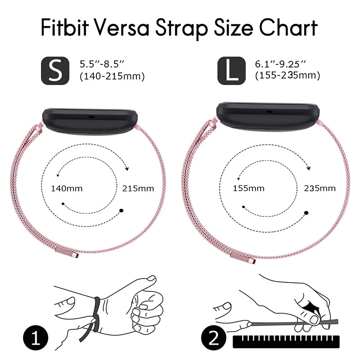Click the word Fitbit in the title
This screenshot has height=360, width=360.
pos(65,27)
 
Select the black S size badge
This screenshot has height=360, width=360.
pos(55,71)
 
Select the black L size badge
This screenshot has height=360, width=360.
pos(231,71)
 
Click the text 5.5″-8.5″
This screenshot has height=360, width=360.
pos(102,64)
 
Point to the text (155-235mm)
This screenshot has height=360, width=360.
pos(288,76)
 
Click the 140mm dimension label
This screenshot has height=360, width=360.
pos(67,189)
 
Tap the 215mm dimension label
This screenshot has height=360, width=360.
pos(138,189)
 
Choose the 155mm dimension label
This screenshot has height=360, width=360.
pos(249,188)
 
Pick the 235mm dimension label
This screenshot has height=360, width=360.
pos(320,188)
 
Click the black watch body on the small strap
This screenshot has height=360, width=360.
pos(90,122)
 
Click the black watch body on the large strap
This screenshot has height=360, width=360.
pos(268,117)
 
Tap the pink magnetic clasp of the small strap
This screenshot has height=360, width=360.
pos(67,252)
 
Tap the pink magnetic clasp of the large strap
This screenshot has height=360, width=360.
pos(243,258)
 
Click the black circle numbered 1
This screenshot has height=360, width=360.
pos(36,338)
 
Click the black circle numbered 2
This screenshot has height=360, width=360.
pos(214,338)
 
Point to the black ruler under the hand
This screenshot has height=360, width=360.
pos(286,342)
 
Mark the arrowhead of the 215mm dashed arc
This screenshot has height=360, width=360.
pos(127,169)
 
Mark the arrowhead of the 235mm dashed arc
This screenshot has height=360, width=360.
pos(309,168)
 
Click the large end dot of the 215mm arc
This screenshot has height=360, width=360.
pos(121,211)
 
